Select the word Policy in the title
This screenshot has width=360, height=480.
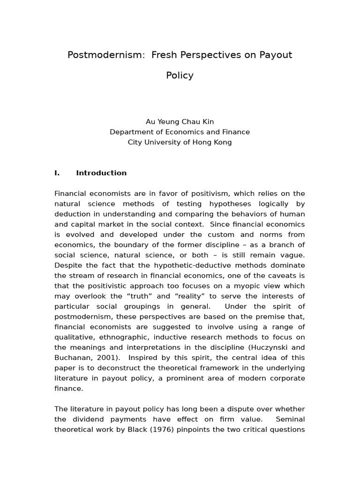pyautogui.click(x=180, y=75)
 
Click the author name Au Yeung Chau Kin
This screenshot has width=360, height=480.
pyautogui.click(x=180, y=121)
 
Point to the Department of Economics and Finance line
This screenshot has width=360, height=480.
pyautogui.click(x=180, y=132)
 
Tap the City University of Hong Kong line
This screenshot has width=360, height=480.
pyautogui.click(x=180, y=142)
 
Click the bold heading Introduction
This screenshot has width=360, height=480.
pyautogui.click(x=101, y=173)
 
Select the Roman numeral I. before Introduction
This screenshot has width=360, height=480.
pyautogui.click(x=57, y=173)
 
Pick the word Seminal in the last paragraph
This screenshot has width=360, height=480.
pyautogui.click(x=290, y=420)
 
